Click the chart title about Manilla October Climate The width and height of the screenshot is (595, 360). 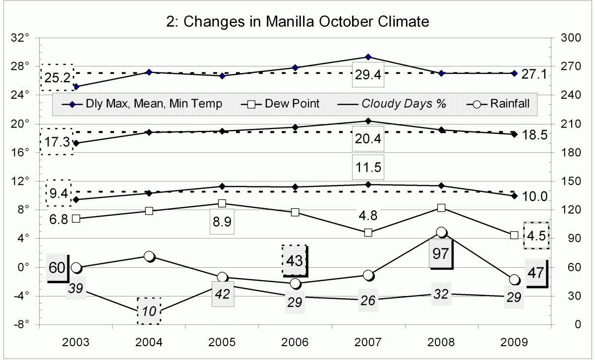click(297, 22)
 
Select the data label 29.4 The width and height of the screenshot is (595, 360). click(368, 75)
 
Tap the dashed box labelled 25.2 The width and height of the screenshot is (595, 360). click(57, 77)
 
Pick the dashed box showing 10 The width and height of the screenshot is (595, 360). click(149, 311)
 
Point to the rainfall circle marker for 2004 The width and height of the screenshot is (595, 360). click(149, 256)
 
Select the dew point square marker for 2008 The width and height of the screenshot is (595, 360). click(441, 208)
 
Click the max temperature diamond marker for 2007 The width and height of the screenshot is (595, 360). click(368, 57)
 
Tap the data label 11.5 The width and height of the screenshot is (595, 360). click(368, 167)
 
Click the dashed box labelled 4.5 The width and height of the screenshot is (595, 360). click(536, 236)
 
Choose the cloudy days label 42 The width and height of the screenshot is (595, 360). click(223, 293)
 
